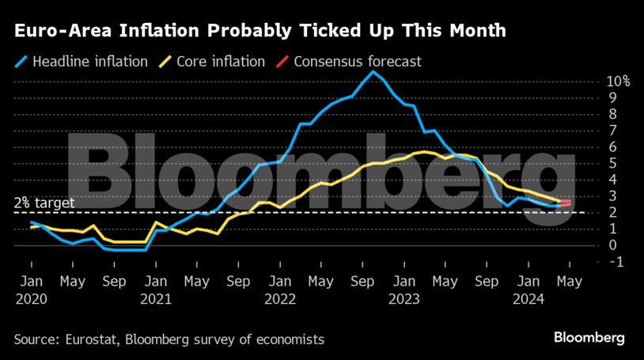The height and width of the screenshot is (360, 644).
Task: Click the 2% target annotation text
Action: click(44, 203)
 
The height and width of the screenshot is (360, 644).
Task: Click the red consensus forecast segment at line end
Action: click(566, 203)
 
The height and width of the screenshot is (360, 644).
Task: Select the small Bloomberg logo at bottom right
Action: click(589, 338)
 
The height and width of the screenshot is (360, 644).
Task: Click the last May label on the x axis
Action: click(569, 281)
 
